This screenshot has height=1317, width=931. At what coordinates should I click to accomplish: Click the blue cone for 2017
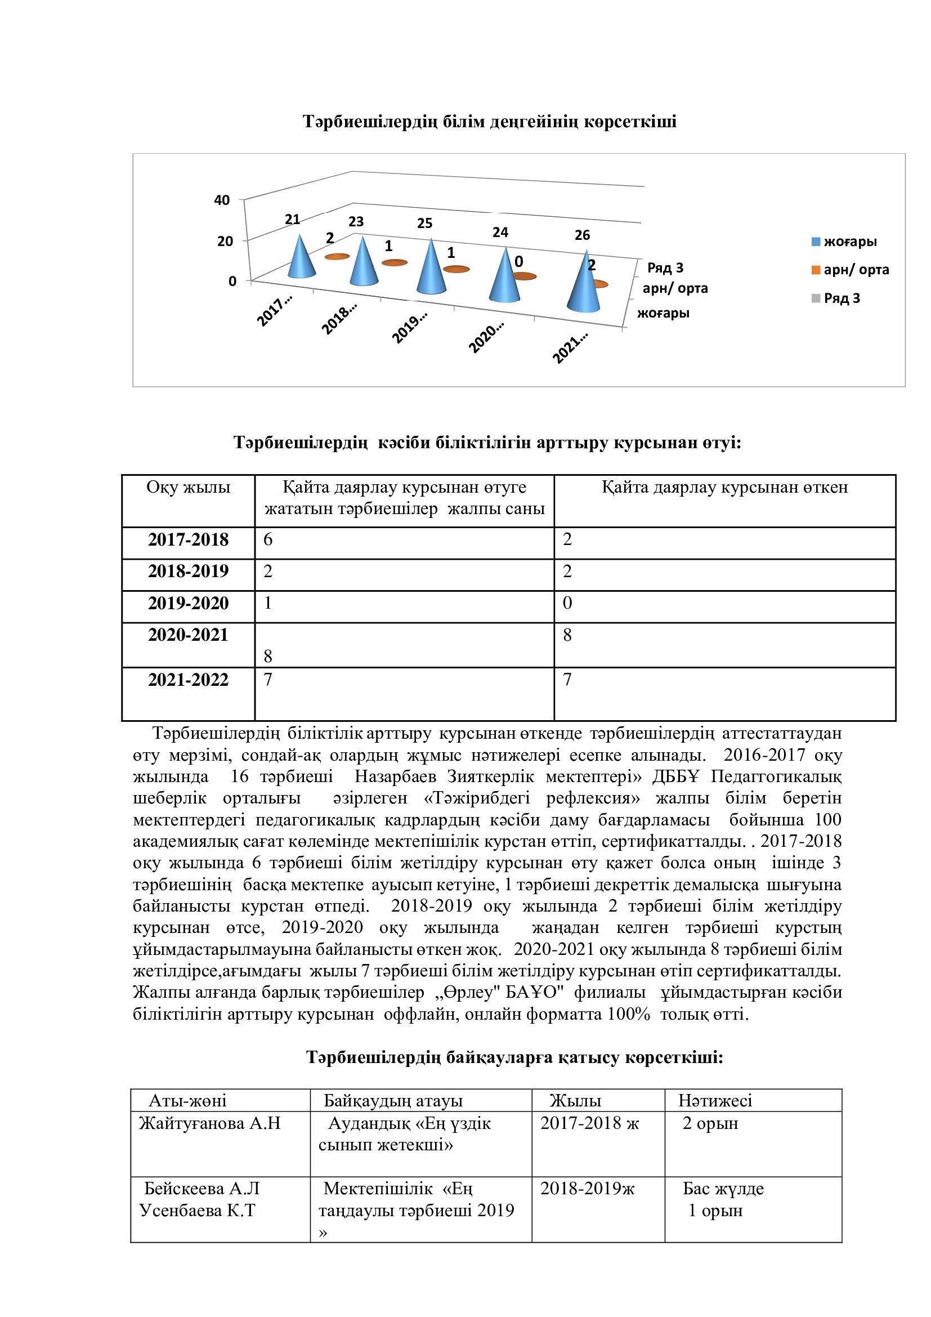(x=302, y=258)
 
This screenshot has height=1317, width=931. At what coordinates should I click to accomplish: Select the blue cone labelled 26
(x=583, y=284)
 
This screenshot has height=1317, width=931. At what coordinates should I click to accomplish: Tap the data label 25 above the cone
(x=425, y=223)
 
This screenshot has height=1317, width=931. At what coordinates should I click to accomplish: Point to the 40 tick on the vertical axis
(x=222, y=200)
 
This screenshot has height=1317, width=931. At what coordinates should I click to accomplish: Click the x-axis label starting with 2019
(x=410, y=327)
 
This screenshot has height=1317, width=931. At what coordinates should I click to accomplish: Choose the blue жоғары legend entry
(x=844, y=242)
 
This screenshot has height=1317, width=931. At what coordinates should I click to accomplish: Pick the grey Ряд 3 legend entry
(x=836, y=298)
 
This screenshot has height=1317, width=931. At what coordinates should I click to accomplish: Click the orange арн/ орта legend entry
(x=850, y=270)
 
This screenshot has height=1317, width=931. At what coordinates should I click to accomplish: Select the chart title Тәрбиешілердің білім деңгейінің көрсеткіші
(x=490, y=122)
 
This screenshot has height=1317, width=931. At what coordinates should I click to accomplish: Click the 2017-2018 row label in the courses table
(x=188, y=539)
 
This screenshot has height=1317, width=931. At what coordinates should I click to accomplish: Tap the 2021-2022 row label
(x=188, y=680)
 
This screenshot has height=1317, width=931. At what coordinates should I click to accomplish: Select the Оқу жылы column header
(x=188, y=487)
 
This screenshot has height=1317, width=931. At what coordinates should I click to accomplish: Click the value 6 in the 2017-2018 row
(x=268, y=539)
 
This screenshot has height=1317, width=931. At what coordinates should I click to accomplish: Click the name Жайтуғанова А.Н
(x=210, y=1123)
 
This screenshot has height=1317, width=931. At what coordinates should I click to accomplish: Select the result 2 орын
(x=710, y=1123)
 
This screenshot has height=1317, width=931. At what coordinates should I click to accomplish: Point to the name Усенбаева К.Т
(x=197, y=1211)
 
